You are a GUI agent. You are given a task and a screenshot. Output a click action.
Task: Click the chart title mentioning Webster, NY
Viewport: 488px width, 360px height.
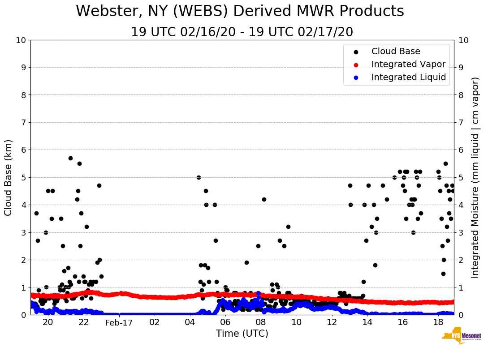coord(240,11)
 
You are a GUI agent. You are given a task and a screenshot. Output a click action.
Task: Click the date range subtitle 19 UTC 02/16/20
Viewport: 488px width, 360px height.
coord(242,32)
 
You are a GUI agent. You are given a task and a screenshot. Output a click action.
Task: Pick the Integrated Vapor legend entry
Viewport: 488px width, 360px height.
coord(408,64)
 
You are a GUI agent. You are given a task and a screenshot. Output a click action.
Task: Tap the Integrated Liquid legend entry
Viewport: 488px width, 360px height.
coord(408,77)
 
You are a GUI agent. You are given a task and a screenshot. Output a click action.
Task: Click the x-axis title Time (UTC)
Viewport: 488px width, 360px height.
coord(242,334)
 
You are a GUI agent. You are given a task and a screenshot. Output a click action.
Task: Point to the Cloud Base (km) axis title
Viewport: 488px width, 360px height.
coord(9,177)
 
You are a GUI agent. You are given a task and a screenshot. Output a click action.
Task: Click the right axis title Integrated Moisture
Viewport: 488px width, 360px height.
coord(475,177)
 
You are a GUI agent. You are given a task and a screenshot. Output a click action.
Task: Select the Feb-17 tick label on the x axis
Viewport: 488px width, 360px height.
coord(119,322)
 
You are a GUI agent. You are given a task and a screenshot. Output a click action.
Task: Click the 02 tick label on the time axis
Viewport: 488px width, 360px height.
coord(155,322)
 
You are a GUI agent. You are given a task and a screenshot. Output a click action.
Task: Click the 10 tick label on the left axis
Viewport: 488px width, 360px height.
coord(21,40)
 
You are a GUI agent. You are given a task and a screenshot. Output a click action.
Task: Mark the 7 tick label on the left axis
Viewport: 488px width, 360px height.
coord(23,122)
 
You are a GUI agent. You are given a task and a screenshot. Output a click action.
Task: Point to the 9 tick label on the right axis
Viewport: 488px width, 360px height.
coord(461,68)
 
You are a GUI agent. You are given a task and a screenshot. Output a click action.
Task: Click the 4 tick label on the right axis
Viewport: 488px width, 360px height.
coord(461,205)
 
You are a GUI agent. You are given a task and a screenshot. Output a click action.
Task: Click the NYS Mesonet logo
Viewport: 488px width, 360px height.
coord(461,337)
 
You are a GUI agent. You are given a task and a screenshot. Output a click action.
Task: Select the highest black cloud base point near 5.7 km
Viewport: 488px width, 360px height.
coord(70,158)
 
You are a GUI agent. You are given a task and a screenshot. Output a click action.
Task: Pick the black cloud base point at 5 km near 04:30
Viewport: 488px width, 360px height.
coord(199,177)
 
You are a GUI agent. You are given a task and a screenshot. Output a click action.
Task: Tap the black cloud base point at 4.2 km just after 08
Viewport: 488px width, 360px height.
coord(264,199)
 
